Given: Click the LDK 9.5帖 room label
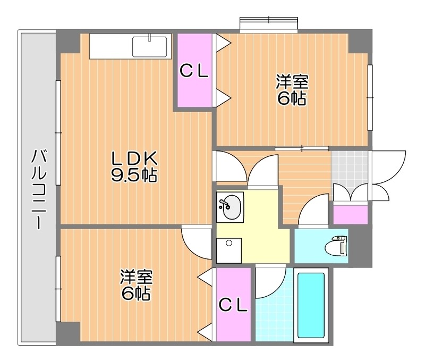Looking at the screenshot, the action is tap(134, 167).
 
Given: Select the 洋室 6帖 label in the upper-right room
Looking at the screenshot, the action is tap(292, 90).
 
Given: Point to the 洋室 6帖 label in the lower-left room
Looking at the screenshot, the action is tap(137, 285).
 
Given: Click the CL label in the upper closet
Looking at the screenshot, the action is tap(194, 72).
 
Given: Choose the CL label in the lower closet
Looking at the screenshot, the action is tap(233, 305).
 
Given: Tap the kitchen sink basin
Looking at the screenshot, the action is tap(150, 46).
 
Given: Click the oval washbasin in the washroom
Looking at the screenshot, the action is tap(230, 207).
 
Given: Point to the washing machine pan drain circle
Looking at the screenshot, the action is tap(229, 242).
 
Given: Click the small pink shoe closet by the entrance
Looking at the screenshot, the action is tap(350, 215).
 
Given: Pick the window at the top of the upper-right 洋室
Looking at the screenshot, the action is tap(269, 25).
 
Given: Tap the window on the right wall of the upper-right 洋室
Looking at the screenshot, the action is tap(370, 97).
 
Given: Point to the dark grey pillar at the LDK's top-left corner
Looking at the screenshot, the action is tap(68, 41).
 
